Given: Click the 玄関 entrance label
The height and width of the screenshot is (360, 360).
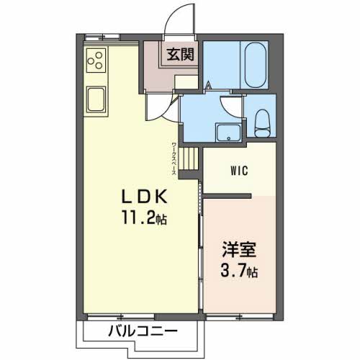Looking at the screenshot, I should click(x=181, y=54).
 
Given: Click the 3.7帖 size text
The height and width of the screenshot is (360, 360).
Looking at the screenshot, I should click(x=238, y=273).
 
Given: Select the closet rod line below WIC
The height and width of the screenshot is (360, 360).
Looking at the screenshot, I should click(x=227, y=195).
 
